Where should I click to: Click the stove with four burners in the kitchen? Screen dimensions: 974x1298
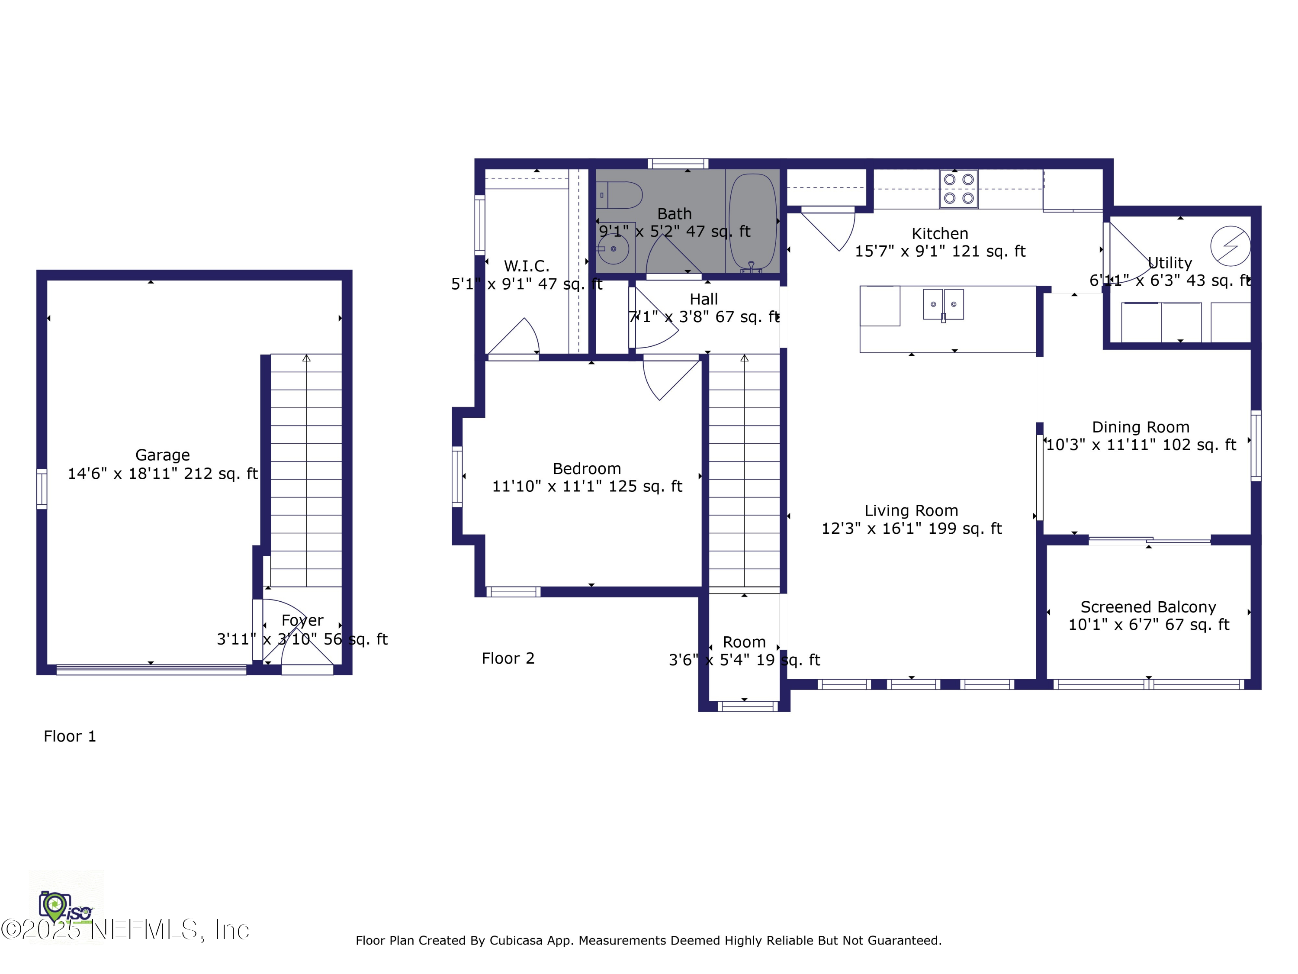pyautogui.click(x=958, y=188)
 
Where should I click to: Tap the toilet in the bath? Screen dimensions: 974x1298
pyautogui.click(x=621, y=195)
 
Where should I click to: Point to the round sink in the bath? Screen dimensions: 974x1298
pyautogui.click(x=614, y=249)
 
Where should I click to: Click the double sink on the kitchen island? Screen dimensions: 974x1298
pyautogui.click(x=943, y=304)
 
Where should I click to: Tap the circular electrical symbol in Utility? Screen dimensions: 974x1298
pyautogui.click(x=1230, y=246)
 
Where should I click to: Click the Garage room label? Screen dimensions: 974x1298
pyautogui.click(x=163, y=455)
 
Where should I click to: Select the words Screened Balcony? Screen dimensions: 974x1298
pyautogui.click(x=1148, y=606)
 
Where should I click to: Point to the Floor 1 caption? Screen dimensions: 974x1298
pyautogui.click(x=70, y=736)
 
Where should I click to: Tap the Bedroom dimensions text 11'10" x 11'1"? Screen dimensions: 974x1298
pyautogui.click(x=587, y=487)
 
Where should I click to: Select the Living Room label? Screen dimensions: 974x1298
pyautogui.click(x=911, y=510)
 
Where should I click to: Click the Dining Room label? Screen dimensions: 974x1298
pyautogui.click(x=1140, y=427)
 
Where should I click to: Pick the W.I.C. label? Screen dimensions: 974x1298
pyautogui.click(x=527, y=266)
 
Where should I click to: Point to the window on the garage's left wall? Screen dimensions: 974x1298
pyautogui.click(x=42, y=488)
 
